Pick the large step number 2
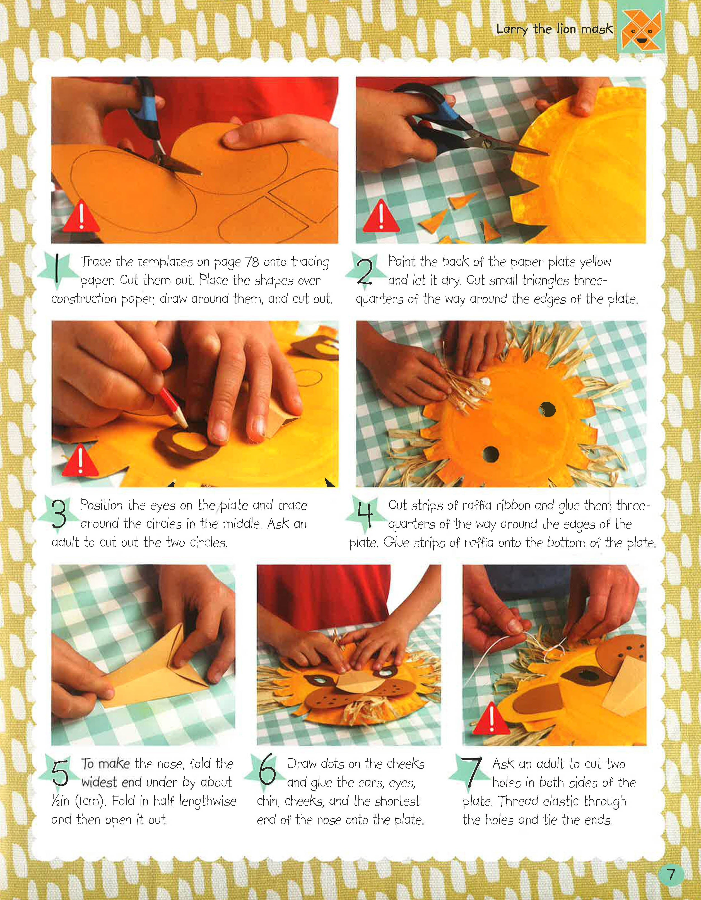click(x=364, y=271)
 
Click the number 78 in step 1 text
click(x=251, y=262)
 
